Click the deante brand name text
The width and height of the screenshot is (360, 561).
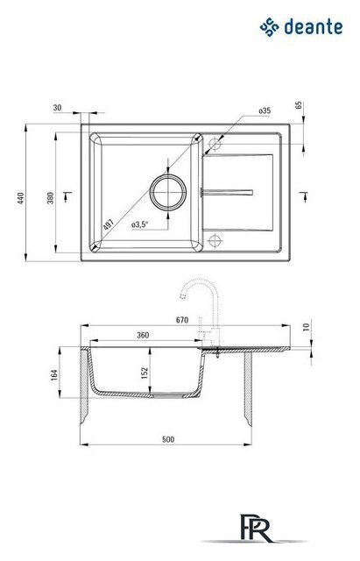tap(314, 27)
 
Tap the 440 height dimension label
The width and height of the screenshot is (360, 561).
tap(21, 198)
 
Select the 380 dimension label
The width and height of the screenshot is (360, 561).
tap(51, 198)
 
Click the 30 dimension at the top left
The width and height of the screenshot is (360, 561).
tap(57, 107)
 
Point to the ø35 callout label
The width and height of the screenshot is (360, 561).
tap(265, 110)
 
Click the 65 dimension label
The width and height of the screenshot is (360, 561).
tap(299, 105)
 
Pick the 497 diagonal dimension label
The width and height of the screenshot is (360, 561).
tap(108, 224)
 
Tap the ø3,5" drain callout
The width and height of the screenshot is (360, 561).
tap(140, 224)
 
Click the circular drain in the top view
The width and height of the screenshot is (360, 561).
tap(168, 192)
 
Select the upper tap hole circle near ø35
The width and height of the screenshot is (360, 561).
tap(215, 144)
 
